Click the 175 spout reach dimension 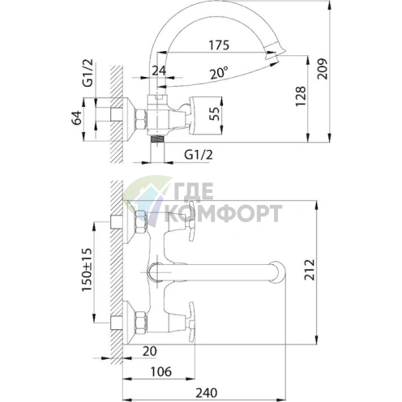click(x=219, y=45)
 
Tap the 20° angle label click(x=219, y=73)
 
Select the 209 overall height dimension click(x=322, y=69)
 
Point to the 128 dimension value click(x=301, y=96)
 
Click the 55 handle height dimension click(x=214, y=113)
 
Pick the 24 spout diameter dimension click(x=159, y=71)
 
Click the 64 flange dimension click(x=76, y=118)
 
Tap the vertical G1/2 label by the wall click(x=88, y=73)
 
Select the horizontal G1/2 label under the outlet click(x=199, y=155)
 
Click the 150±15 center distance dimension click(x=87, y=270)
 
